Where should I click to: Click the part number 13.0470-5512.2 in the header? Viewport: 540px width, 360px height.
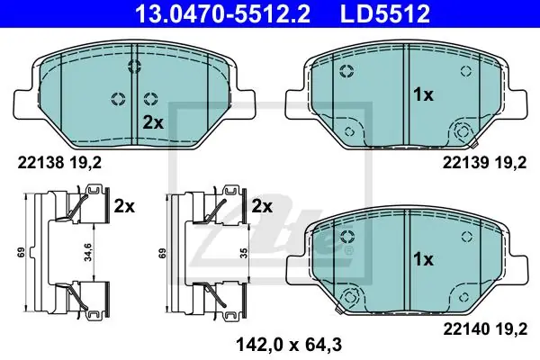click(x=223, y=13)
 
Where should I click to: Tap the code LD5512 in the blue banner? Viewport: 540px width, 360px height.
click(x=385, y=13)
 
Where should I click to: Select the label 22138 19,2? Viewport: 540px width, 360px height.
click(x=59, y=163)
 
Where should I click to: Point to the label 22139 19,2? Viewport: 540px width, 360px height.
click(x=484, y=163)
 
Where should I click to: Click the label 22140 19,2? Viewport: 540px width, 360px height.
click(x=485, y=329)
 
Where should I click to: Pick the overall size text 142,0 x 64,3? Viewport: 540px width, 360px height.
click(x=289, y=344)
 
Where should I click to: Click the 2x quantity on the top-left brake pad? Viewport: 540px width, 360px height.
click(x=153, y=122)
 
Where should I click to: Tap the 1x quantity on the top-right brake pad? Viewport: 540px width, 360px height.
click(x=423, y=94)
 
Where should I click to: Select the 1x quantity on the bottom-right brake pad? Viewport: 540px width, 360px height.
click(x=423, y=259)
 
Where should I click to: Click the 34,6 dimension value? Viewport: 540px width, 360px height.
click(x=88, y=252)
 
